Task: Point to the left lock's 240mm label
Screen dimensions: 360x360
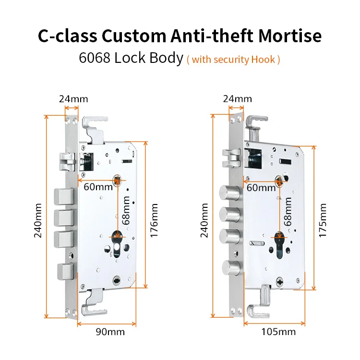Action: coord(39,219)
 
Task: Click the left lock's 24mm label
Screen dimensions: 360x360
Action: coord(73,99)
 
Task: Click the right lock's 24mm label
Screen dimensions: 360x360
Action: coord(237,99)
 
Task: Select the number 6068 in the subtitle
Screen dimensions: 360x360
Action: coord(95,59)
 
